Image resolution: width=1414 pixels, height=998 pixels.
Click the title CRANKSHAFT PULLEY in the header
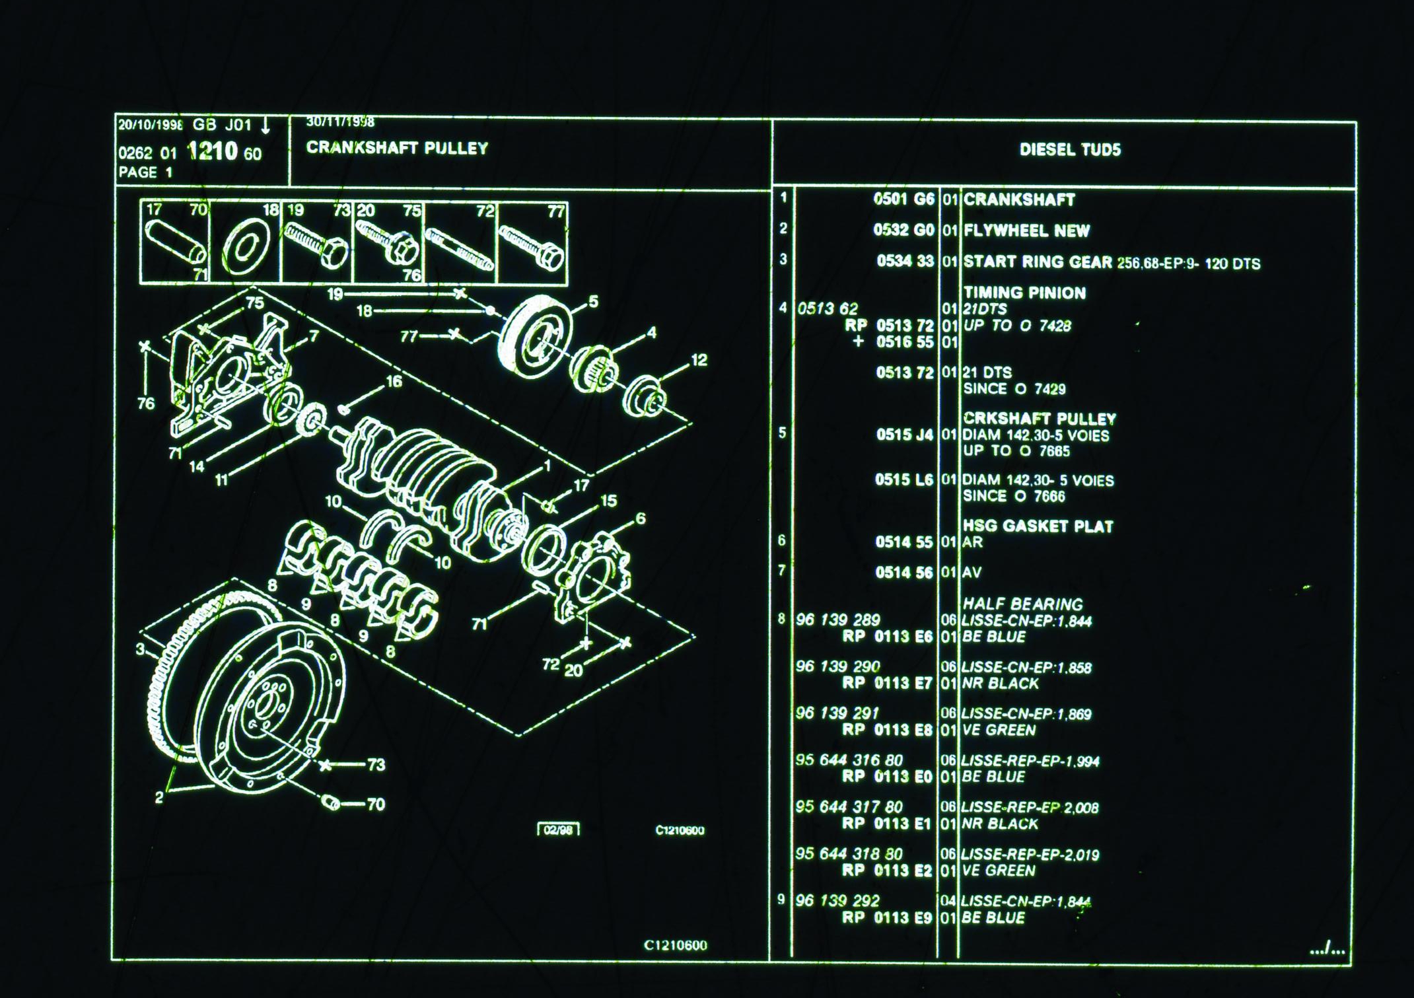(x=397, y=148)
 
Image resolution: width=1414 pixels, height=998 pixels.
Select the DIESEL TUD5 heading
(x=1070, y=150)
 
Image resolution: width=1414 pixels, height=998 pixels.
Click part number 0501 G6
(x=903, y=199)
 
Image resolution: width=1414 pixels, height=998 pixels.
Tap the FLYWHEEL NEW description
(x=1026, y=231)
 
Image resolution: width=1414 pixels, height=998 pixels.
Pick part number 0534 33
(x=905, y=262)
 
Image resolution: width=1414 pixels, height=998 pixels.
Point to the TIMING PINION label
(x=1024, y=293)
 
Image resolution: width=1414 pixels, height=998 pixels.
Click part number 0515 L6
(x=903, y=480)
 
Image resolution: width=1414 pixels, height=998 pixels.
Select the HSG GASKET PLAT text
(x=1038, y=526)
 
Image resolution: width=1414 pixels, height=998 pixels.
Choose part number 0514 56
(x=903, y=573)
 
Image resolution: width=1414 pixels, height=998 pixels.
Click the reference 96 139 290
(x=837, y=666)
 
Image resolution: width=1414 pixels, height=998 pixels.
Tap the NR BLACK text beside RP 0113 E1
(x=999, y=824)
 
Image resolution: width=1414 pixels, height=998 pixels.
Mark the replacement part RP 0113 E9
(x=886, y=917)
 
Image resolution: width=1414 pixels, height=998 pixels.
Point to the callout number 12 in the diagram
(x=699, y=361)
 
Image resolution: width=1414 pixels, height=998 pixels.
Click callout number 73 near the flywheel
(x=376, y=765)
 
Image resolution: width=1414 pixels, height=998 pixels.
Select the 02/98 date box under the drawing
(x=558, y=830)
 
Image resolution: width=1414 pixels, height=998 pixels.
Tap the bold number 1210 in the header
(x=212, y=152)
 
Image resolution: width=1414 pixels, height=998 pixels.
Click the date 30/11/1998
(x=340, y=122)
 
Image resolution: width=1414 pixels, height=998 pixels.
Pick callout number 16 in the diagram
(x=394, y=382)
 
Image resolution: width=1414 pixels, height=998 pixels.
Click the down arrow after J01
(x=265, y=125)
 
